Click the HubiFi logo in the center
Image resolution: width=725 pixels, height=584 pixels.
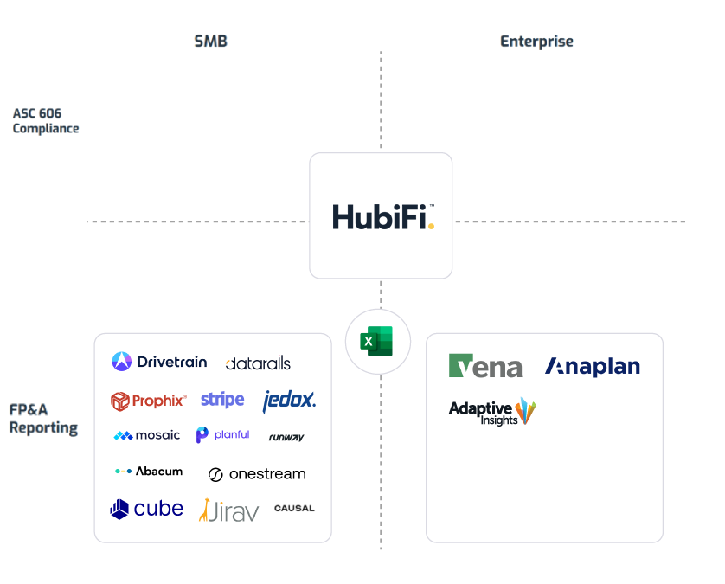click(x=382, y=215)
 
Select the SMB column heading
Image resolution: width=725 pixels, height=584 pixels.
click(x=210, y=42)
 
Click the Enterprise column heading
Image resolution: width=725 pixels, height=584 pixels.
click(x=536, y=42)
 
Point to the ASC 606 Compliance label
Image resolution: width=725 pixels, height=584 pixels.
click(x=46, y=120)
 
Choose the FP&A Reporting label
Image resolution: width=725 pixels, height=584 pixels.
click(x=44, y=420)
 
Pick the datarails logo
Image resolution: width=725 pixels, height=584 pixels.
click(x=258, y=363)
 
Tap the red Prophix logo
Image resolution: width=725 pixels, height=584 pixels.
click(x=149, y=401)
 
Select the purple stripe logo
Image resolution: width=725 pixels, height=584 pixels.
click(x=222, y=400)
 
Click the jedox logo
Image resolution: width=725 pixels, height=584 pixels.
click(x=289, y=400)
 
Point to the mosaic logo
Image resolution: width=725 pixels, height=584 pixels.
click(x=147, y=435)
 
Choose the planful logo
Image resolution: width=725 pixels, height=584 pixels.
click(x=222, y=435)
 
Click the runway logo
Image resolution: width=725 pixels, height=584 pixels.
click(x=286, y=437)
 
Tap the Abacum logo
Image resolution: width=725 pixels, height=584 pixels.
click(x=149, y=472)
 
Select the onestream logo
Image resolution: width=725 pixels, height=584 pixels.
click(x=257, y=474)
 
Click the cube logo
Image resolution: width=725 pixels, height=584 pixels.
click(x=147, y=509)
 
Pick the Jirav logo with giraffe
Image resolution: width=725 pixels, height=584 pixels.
click(x=228, y=510)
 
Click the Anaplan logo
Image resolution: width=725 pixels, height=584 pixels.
click(x=593, y=367)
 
